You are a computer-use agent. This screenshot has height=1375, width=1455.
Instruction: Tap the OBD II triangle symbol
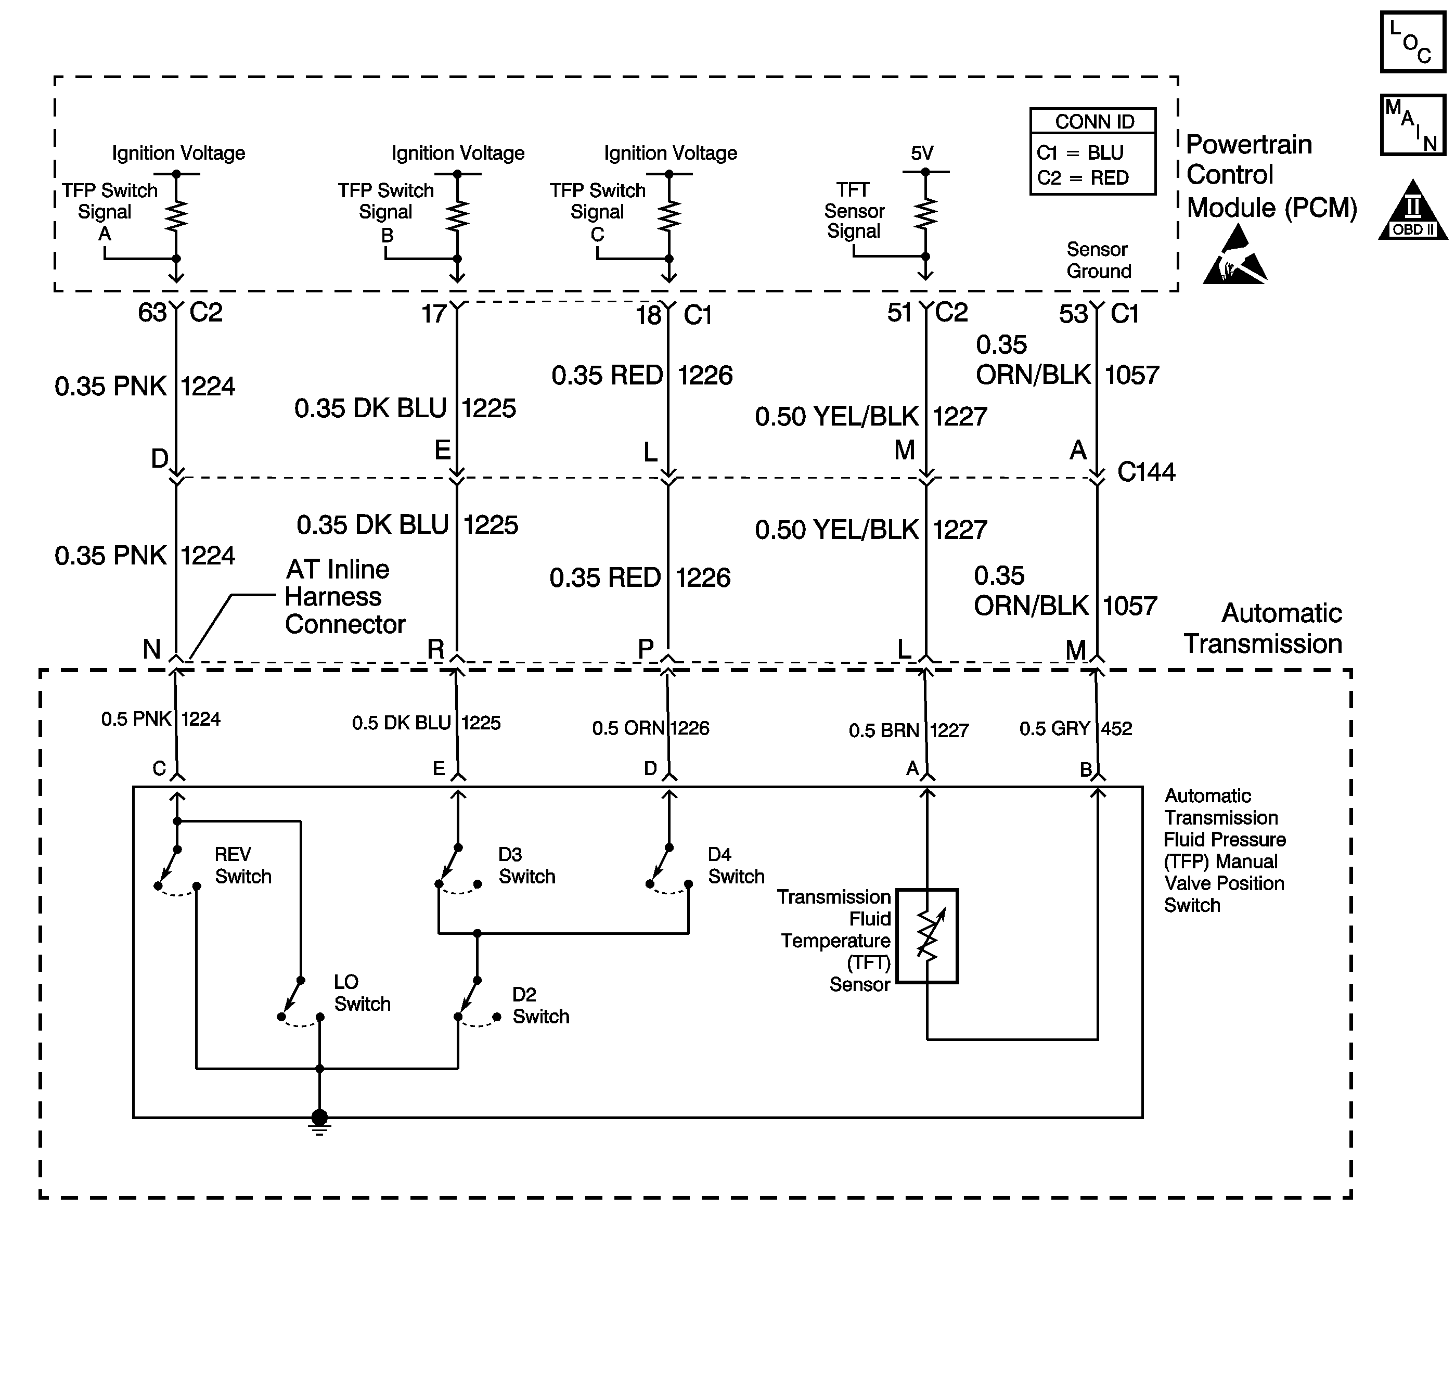[1413, 210]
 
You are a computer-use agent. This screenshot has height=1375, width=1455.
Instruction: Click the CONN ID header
[1093, 122]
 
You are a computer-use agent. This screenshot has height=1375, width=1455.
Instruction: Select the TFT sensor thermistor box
[927, 936]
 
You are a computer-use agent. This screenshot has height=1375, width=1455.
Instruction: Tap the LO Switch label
[362, 993]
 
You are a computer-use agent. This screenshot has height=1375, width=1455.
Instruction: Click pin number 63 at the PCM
[152, 313]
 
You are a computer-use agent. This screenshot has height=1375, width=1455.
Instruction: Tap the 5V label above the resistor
[922, 153]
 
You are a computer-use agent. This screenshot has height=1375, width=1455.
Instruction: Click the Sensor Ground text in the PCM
[1098, 260]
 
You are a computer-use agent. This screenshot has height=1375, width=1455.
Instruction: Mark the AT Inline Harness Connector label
[344, 597]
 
